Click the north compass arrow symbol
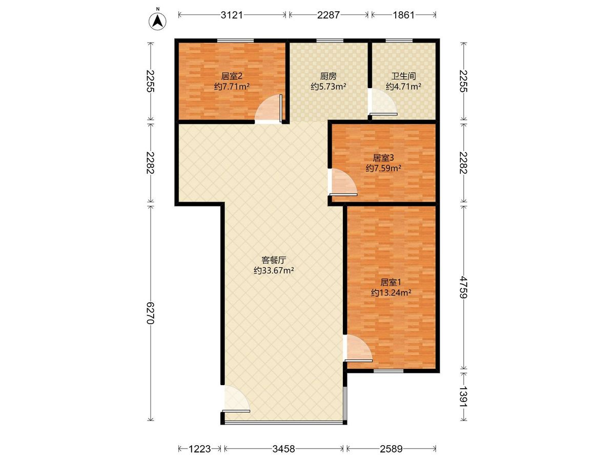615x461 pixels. [158, 21]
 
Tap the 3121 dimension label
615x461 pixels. [232, 15]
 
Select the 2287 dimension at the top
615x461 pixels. [329, 15]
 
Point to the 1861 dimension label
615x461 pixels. [403, 15]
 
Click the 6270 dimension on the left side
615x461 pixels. [151, 312]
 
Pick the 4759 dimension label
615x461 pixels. [464, 287]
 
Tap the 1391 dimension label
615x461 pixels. [464, 397]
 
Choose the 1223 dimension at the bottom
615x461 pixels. [199, 449]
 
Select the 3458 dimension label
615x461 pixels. [283, 449]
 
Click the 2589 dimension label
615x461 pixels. [391, 449]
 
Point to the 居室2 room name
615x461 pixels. [232, 76]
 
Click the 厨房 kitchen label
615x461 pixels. [328, 76]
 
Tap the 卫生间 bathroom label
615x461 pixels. [403, 76]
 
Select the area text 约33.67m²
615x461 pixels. [274, 270]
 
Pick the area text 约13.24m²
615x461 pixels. [391, 292]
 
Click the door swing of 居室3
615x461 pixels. [343, 182]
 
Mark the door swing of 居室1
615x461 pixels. [358, 348]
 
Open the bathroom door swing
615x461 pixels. [383, 102]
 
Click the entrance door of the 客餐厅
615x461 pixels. [236, 399]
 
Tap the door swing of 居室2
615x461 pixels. [269, 109]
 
